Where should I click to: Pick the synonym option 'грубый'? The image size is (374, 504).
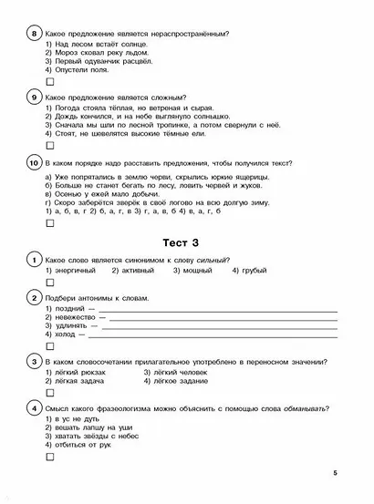point(251,271)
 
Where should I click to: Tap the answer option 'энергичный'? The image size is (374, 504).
point(77,271)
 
